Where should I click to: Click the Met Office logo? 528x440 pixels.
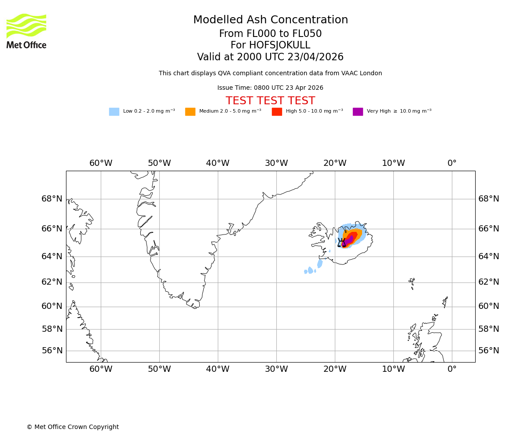click(26, 31)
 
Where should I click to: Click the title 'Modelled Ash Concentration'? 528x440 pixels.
click(270, 20)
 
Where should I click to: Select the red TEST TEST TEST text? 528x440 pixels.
click(270, 101)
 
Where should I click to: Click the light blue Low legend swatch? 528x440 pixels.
click(114, 112)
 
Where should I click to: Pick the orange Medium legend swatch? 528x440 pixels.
click(190, 112)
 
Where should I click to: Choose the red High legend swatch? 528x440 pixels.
click(277, 112)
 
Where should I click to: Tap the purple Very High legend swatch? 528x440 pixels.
click(358, 112)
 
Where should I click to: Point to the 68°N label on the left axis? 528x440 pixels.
click(52, 199)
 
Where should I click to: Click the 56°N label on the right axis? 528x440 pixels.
click(489, 351)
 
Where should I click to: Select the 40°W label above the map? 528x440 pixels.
click(217, 163)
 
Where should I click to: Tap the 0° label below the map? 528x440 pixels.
click(452, 369)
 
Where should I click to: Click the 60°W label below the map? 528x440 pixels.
click(101, 369)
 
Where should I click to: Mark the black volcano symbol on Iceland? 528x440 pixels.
click(341, 242)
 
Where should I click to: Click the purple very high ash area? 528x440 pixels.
click(349, 240)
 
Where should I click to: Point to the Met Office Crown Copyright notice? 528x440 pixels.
click(73, 427)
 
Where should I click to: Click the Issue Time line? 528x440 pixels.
click(270, 88)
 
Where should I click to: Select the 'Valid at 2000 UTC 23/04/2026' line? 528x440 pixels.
click(270, 57)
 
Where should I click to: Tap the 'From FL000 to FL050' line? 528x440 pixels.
click(270, 34)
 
